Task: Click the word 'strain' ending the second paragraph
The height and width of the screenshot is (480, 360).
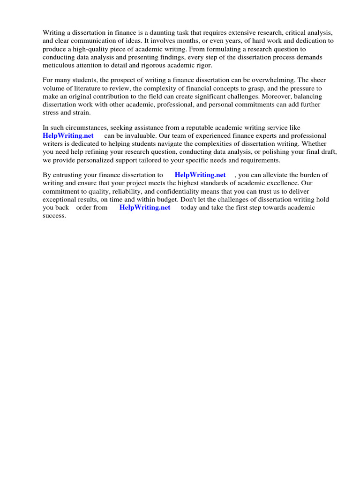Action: [82, 112]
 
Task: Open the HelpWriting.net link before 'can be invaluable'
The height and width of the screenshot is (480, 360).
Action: [68, 136]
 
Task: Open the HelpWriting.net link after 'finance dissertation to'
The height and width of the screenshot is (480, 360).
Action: [200, 175]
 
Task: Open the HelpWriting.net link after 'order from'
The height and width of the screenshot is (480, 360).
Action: [145, 207]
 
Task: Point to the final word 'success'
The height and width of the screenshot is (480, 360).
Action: [54, 216]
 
